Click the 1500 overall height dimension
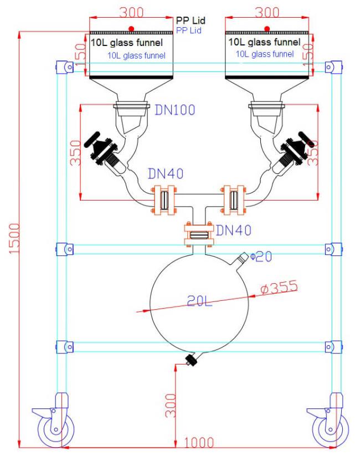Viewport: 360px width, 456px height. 13,239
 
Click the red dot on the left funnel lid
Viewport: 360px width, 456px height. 131,28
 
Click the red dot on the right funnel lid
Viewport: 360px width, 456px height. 268,28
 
